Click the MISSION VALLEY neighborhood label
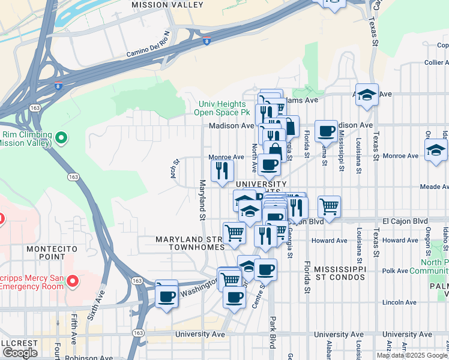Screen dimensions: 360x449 tap(167, 5)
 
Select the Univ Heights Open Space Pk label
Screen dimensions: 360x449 tap(224, 108)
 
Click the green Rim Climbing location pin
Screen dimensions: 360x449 tap(61, 139)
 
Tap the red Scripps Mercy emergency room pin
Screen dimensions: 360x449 tap(73, 280)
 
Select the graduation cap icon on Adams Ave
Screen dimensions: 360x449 tap(367, 94)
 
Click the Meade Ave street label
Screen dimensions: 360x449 tap(435, 187)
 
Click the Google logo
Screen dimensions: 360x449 tap(20, 353)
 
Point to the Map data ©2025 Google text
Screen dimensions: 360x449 tap(412, 355)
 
